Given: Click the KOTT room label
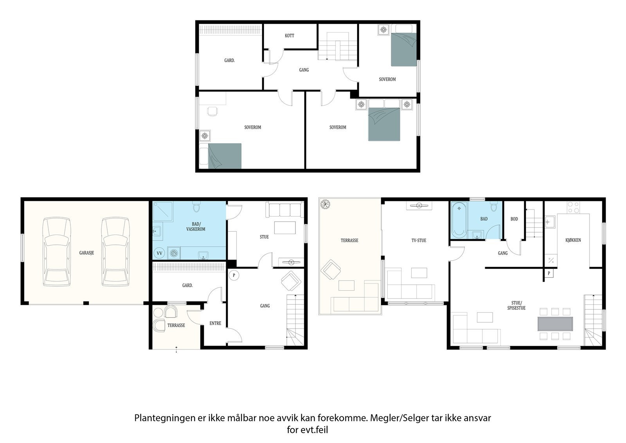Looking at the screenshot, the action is [289, 36].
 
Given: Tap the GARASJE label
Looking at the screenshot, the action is [86, 253].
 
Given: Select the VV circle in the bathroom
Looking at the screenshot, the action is [159, 253].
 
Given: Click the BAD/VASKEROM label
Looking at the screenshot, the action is [196, 226].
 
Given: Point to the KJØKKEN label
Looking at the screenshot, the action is [573, 240].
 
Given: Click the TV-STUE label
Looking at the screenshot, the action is [419, 240].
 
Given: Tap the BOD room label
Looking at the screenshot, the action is [514, 219].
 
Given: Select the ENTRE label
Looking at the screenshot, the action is [215, 323].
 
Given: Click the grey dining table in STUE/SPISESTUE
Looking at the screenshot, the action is [555, 324].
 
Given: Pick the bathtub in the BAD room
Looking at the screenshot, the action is [459, 220].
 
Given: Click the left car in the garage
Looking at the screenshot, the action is [56, 251].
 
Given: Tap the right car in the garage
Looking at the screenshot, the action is [115, 251].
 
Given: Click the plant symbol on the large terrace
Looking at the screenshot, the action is [325, 204].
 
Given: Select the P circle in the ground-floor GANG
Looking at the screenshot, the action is [234, 275].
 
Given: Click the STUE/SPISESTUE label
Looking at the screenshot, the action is [516, 305].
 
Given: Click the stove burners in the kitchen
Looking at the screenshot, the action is [573, 207].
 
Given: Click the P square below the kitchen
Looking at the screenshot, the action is [549, 273].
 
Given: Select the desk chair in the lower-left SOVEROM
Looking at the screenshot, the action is [212, 111].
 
